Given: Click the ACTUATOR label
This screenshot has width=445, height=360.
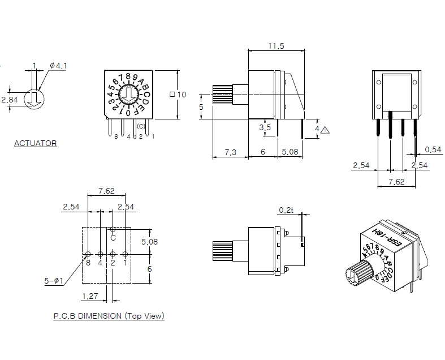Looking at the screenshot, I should click(x=35, y=144).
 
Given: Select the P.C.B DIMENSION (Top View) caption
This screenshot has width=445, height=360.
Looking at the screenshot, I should click(x=109, y=316).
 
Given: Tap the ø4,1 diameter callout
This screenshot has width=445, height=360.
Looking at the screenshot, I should click(x=58, y=66).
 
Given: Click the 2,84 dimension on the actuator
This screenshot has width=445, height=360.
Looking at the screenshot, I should click(x=9, y=100).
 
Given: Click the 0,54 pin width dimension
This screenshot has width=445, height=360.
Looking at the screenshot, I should click(x=433, y=149).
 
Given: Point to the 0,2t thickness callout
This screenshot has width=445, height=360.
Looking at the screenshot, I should click(x=286, y=211).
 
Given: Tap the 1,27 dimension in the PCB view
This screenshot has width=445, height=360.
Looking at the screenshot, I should click(x=90, y=295).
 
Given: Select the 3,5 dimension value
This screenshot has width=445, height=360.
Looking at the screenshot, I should click(x=265, y=128).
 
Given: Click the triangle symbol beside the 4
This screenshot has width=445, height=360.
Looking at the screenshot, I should click(x=325, y=130).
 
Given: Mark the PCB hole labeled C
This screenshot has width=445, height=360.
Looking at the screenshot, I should click(x=113, y=229).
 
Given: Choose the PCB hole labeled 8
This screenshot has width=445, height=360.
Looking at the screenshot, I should click(x=88, y=254).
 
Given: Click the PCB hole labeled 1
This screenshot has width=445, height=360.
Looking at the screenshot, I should click(x=125, y=254).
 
